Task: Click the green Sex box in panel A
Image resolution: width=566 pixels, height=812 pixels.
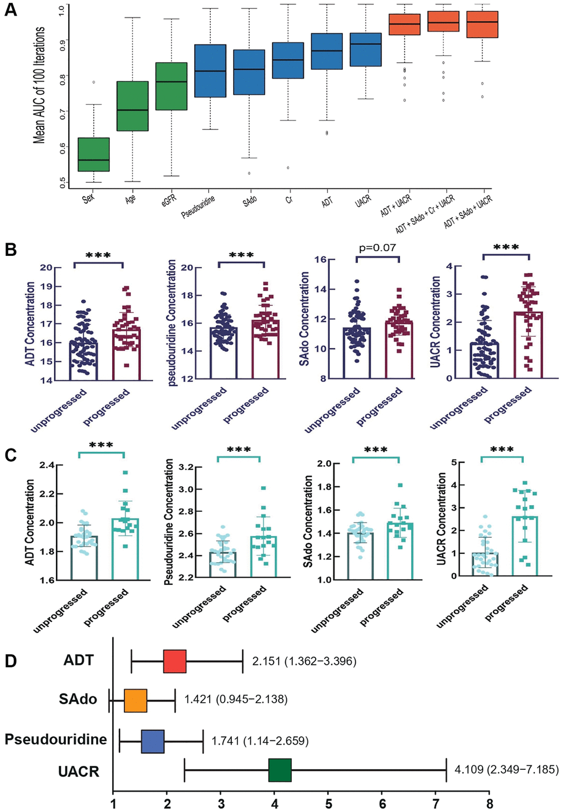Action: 93,154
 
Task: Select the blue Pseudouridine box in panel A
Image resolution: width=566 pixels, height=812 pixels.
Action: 210,70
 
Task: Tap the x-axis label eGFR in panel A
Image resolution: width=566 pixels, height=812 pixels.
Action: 169,198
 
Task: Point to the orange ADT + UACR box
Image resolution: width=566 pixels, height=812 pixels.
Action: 405,24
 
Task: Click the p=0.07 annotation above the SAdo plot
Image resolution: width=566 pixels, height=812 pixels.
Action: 377,248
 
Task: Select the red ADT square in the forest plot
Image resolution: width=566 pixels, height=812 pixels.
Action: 175,661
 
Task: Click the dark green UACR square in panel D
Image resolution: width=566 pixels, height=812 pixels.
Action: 280,770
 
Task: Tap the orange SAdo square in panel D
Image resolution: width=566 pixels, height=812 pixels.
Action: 135,700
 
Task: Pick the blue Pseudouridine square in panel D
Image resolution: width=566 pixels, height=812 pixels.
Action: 153,741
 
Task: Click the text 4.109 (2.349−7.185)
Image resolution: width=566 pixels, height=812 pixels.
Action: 507,770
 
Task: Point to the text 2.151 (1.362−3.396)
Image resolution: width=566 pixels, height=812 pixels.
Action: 304,661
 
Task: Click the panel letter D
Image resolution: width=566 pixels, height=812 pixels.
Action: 11,661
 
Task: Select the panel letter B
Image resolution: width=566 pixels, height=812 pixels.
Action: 11,250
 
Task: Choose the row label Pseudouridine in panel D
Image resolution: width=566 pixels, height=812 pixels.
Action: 55,740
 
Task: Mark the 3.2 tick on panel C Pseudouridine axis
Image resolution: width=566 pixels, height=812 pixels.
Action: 186,467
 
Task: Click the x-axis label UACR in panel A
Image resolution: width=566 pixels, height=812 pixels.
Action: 362,200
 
